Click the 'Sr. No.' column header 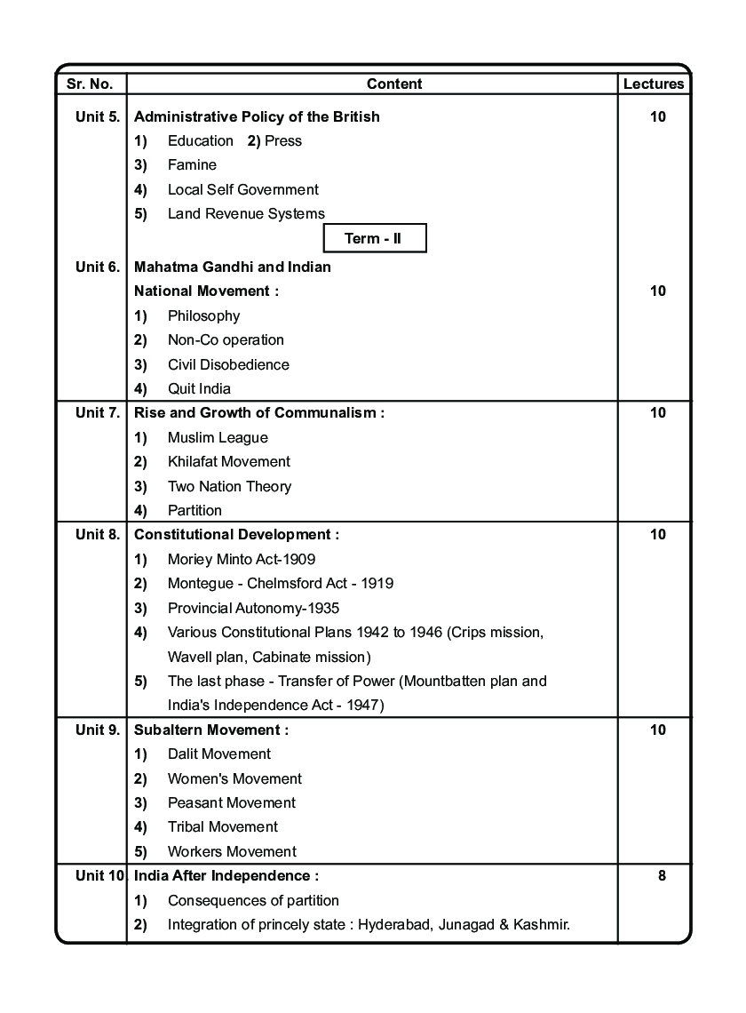click(x=90, y=84)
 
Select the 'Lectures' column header click(x=654, y=84)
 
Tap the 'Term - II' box click(x=373, y=238)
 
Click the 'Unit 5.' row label click(x=98, y=116)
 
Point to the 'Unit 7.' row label click(x=98, y=412)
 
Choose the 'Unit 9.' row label click(x=98, y=730)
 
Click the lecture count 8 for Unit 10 click(x=662, y=875)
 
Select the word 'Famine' click(x=192, y=165)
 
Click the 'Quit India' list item click(x=199, y=388)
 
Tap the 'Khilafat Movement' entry click(x=229, y=461)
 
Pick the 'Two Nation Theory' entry click(x=229, y=486)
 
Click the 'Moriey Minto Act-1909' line click(x=242, y=559)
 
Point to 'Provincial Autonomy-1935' click(x=253, y=608)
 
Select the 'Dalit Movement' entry click(x=219, y=754)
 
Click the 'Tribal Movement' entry click(x=223, y=826)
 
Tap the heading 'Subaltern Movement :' click(x=211, y=730)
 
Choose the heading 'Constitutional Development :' click(x=236, y=534)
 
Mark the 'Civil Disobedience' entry click(x=228, y=364)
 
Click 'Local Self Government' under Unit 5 click(x=243, y=189)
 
